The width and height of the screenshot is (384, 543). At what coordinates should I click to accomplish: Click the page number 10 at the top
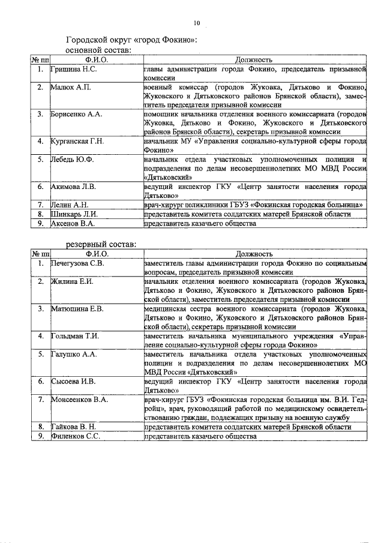pyautogui.click(x=196, y=23)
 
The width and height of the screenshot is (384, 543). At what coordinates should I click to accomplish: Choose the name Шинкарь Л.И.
pyautogui.click(x=74, y=214)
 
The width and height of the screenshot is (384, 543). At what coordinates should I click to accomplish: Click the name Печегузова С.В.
pyautogui.click(x=79, y=263)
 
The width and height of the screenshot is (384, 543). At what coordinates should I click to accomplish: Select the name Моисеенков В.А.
pyautogui.click(x=80, y=399)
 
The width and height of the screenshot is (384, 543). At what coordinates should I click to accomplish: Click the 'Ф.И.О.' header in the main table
pyautogui.click(x=96, y=60)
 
